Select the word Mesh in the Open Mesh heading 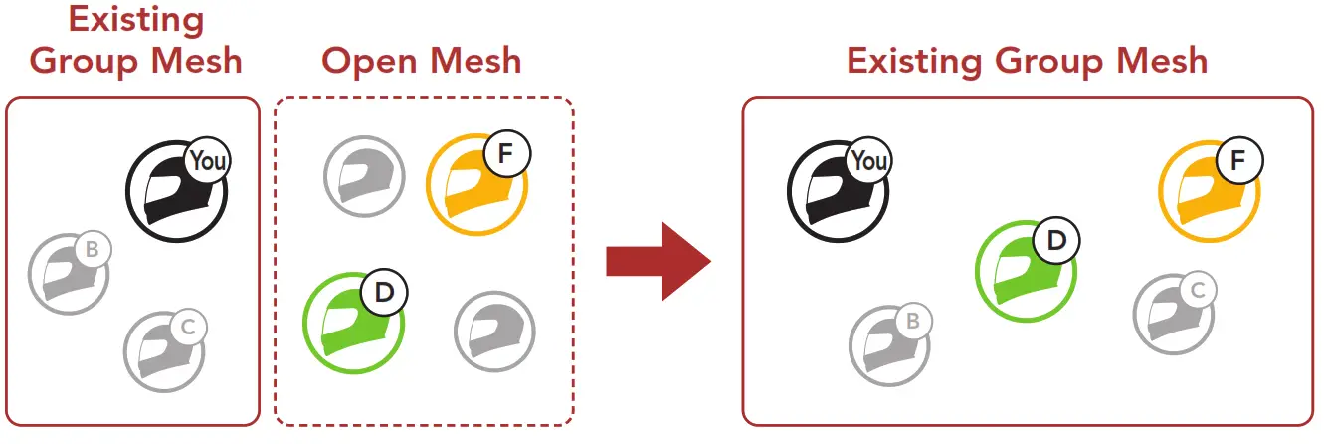tap(473, 61)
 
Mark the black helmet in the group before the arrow tap(175, 192)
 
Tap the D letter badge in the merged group tap(1055, 241)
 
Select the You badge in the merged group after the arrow tap(869, 161)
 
